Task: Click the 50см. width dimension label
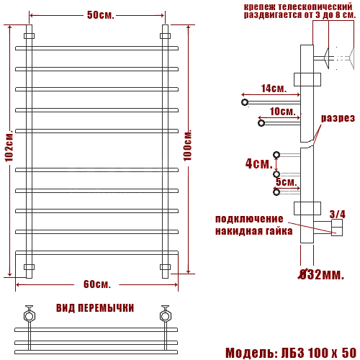coord(101,15)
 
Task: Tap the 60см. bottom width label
coord(97,284)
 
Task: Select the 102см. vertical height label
coord(9,145)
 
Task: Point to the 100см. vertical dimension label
coord(188,145)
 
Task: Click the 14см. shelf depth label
coord(274,89)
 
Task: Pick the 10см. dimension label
coord(282,112)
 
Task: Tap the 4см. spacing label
coord(259,163)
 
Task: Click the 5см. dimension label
coord(287,181)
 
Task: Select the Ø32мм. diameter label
coord(321,274)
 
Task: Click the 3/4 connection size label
coord(337,215)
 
